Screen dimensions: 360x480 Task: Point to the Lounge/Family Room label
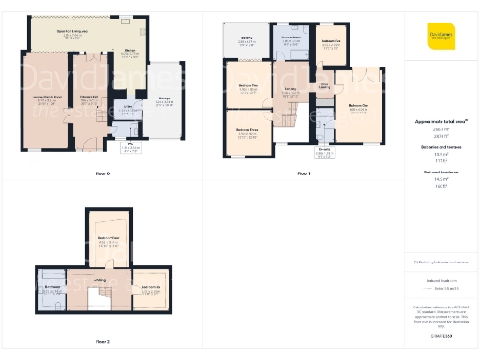[x=47, y=100]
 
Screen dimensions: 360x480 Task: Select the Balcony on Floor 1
[x=246, y=41]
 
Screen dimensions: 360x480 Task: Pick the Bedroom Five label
[x=330, y=42]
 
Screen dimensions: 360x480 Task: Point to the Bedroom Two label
[x=247, y=90]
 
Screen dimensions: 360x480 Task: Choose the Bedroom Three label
[x=247, y=132]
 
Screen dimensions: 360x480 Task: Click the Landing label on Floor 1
[x=292, y=91]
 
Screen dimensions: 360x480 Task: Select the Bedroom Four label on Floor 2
[x=109, y=240]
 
